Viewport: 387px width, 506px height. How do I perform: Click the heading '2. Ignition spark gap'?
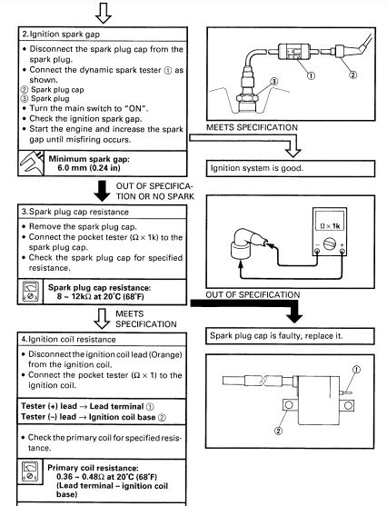coord(61,35)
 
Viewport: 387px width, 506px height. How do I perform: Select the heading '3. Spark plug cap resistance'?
coord(74,212)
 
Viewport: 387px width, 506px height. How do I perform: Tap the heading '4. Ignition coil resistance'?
coord(68,339)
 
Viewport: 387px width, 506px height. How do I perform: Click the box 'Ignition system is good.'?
coord(291,168)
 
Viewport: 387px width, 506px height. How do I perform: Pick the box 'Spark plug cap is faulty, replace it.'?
coord(290,336)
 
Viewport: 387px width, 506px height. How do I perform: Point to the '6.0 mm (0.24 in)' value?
coord(89,168)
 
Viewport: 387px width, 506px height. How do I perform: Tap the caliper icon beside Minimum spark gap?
coord(31,163)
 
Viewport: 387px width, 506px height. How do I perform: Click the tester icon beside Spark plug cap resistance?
coord(30,292)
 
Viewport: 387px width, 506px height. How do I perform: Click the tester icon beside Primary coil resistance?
coord(30,472)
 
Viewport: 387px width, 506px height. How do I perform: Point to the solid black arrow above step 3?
coord(102,191)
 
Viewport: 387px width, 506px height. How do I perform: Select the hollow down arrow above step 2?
coord(104,13)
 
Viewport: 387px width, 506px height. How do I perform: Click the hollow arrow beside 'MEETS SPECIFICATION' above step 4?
coord(102,319)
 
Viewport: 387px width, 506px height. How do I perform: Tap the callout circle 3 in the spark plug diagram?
coord(273,81)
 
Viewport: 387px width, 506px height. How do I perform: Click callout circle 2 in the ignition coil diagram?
coord(278,431)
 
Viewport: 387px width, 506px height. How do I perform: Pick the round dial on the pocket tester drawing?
coord(330,244)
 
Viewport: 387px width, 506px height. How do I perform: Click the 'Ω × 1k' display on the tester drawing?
coord(330,225)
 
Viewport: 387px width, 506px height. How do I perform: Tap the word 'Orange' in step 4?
coord(165,354)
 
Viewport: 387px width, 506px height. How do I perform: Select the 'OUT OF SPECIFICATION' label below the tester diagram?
coord(253,294)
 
